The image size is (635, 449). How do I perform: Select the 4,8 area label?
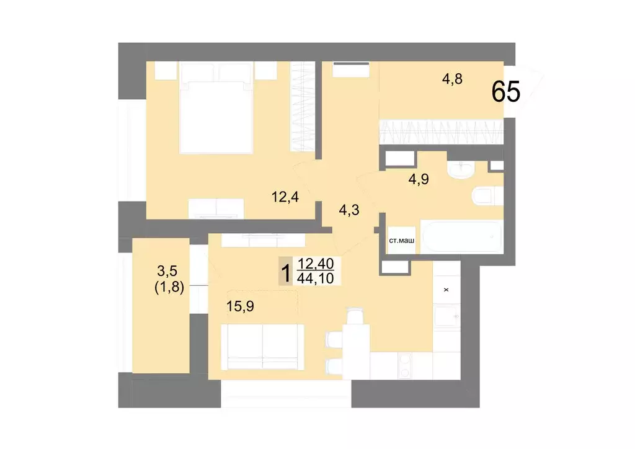(x=452, y=79)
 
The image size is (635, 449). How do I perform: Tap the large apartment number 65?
(x=505, y=92)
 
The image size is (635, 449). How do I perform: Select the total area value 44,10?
(x=316, y=278)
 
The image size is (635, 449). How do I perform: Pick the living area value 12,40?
(x=316, y=265)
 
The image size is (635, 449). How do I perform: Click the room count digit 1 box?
(x=286, y=272)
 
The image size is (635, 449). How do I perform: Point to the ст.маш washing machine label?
(x=401, y=241)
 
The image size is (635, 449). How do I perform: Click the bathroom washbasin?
(x=461, y=168)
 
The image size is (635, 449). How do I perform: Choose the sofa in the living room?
(x=262, y=345)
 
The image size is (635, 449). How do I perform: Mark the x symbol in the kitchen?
(x=445, y=290)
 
